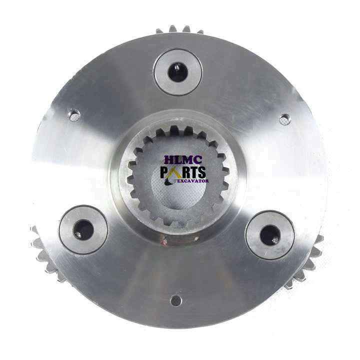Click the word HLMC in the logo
pyautogui.click(x=183, y=160)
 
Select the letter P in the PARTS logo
pyautogui.click(x=164, y=172)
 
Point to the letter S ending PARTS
pyautogui.click(x=201, y=172)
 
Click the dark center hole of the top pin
pyautogui.click(x=177, y=71)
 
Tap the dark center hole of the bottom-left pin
pyautogui.click(x=83, y=229)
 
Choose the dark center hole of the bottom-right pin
pyautogui.click(x=270, y=235)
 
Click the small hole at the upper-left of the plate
pyautogui.click(x=74, y=116)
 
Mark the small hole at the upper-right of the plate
pyautogui.click(x=285, y=119)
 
